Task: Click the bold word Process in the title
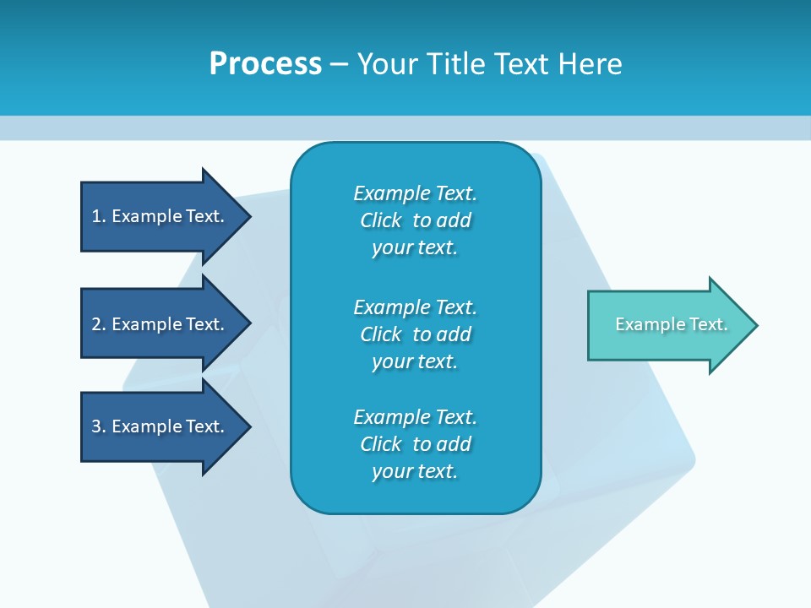(265, 64)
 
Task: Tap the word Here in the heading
(590, 64)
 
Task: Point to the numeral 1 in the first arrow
(96, 216)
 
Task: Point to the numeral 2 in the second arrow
(96, 324)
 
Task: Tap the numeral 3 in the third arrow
(96, 426)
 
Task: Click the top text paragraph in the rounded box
(415, 220)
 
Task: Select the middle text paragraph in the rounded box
(415, 334)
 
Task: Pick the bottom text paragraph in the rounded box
(415, 444)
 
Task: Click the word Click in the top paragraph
(380, 220)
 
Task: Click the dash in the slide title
(339, 64)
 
